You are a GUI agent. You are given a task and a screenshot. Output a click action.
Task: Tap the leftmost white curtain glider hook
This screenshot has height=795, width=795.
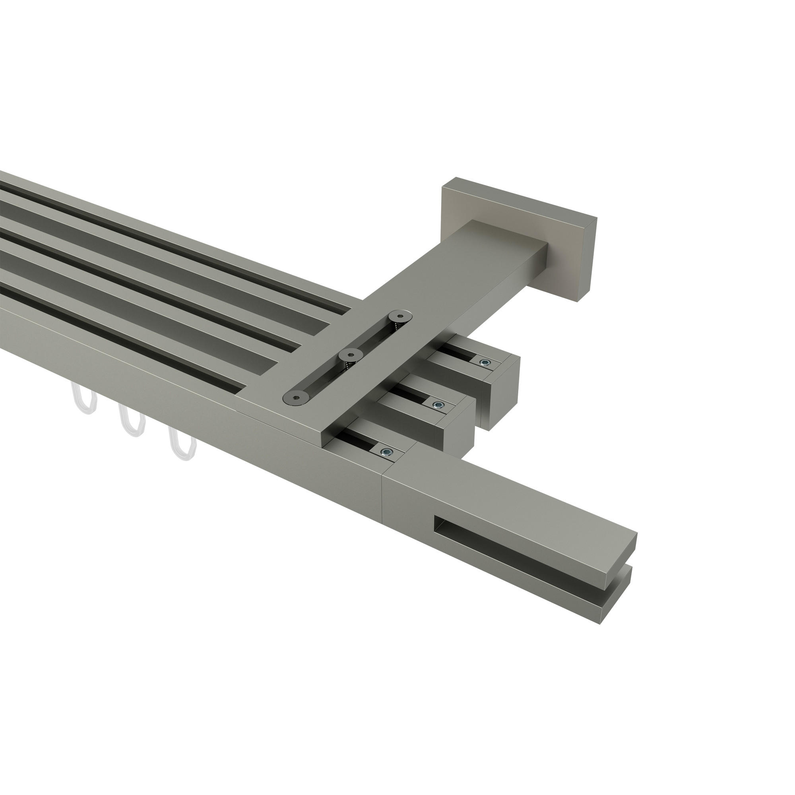click(x=84, y=399)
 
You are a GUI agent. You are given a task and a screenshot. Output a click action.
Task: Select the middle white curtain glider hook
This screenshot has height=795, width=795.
click(x=132, y=421)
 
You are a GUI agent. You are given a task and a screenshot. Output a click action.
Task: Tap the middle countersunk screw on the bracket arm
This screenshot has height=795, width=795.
click(x=350, y=353)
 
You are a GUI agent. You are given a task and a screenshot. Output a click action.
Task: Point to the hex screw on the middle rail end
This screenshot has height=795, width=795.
click(x=439, y=405)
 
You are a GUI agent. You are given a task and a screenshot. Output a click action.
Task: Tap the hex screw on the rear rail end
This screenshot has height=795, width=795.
click(x=486, y=363)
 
